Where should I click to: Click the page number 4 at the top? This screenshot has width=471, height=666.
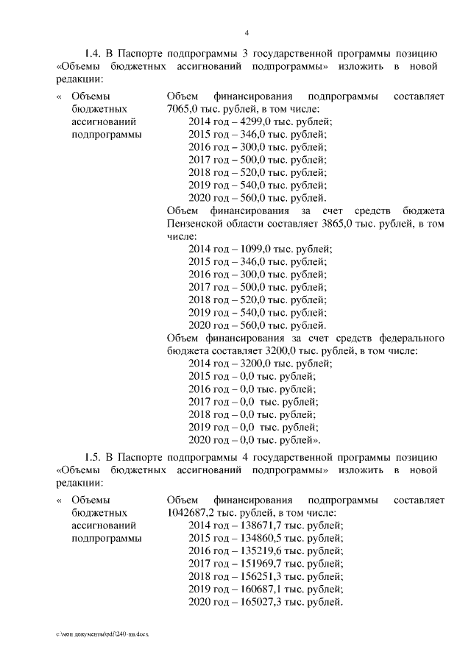(x=247, y=32)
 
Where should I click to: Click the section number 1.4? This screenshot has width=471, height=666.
(x=93, y=54)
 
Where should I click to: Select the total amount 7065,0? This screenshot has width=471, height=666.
(x=184, y=109)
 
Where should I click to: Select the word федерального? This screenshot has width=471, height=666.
(x=407, y=338)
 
